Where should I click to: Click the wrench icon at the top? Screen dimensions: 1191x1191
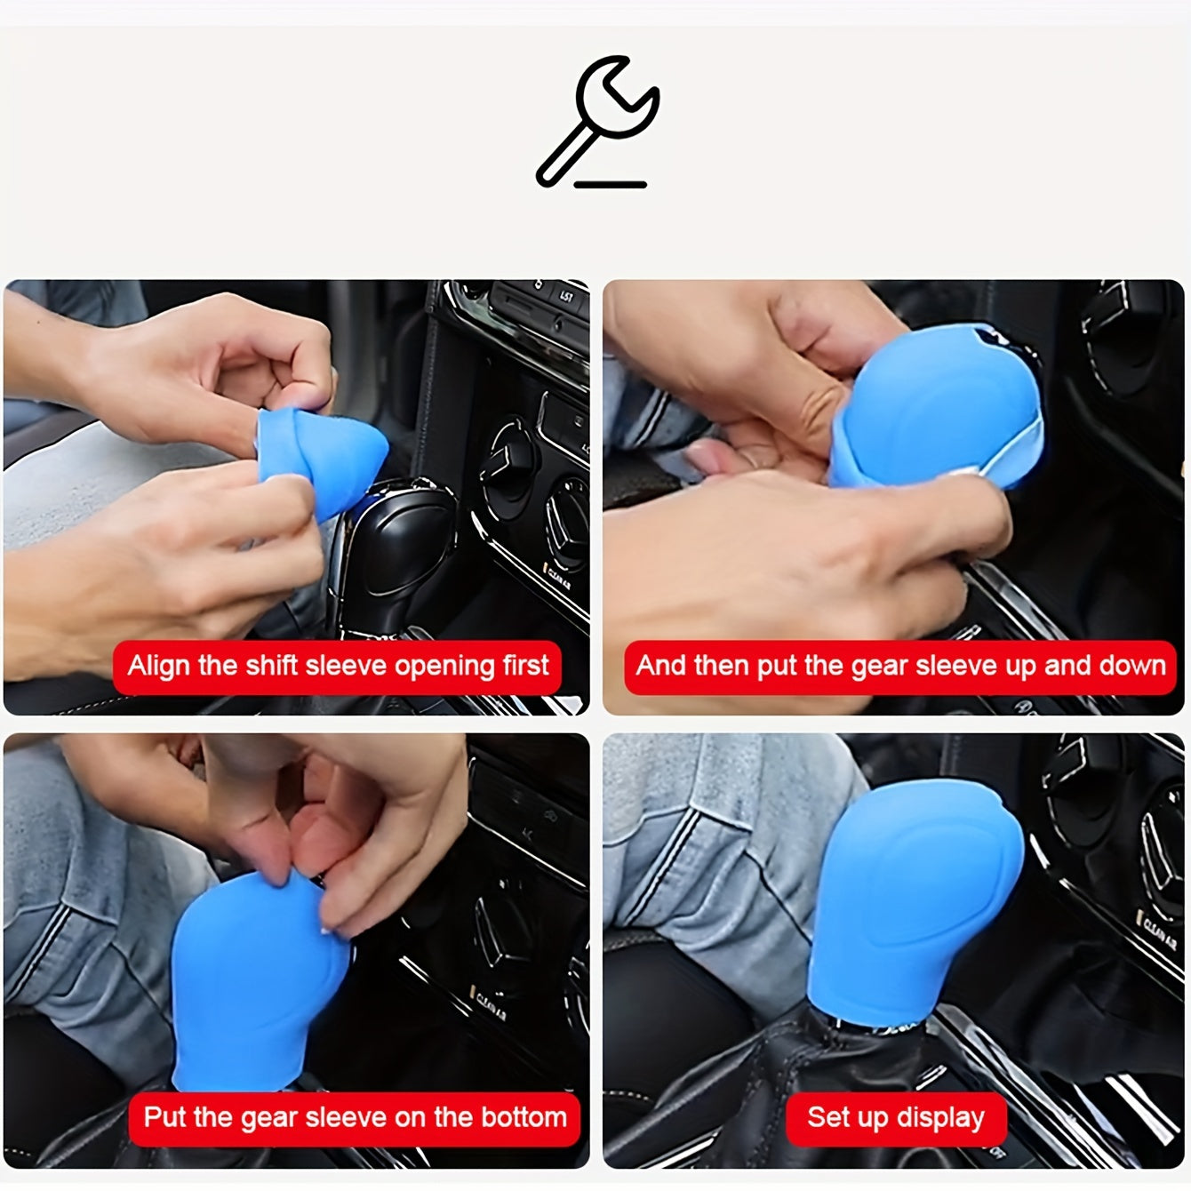click(x=597, y=117)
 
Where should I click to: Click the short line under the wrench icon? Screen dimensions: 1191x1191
click(x=611, y=185)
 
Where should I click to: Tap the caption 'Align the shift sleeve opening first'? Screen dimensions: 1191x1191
click(x=337, y=667)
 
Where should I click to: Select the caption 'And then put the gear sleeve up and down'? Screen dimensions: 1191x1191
click(x=899, y=667)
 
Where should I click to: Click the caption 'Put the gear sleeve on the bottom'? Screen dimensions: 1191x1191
click(x=354, y=1117)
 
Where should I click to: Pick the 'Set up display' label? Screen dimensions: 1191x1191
click(x=895, y=1117)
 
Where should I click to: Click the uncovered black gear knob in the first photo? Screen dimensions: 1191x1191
click(x=400, y=551)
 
